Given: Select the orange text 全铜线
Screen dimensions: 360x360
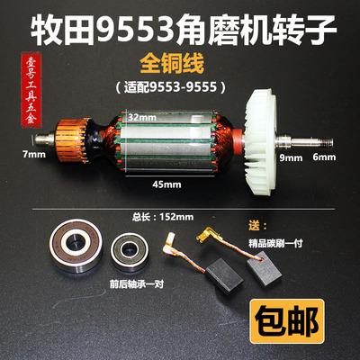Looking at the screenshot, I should tap(180, 65).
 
